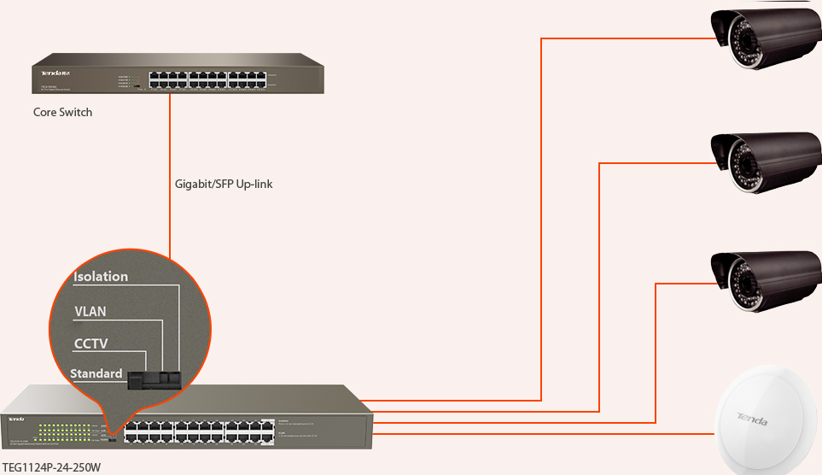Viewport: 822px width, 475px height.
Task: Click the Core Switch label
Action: coord(62,112)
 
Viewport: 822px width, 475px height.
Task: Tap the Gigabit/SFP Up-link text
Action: coord(224,184)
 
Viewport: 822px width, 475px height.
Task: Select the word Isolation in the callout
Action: coord(101,277)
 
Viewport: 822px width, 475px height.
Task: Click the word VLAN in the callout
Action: coord(90,311)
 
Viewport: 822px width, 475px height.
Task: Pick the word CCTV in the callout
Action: coord(90,343)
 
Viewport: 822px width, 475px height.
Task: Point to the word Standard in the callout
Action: coord(96,374)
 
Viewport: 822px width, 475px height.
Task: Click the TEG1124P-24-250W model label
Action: coord(51,467)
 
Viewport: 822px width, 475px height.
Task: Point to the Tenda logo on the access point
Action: coord(751,419)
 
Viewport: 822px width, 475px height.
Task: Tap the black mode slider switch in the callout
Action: coord(154,378)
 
